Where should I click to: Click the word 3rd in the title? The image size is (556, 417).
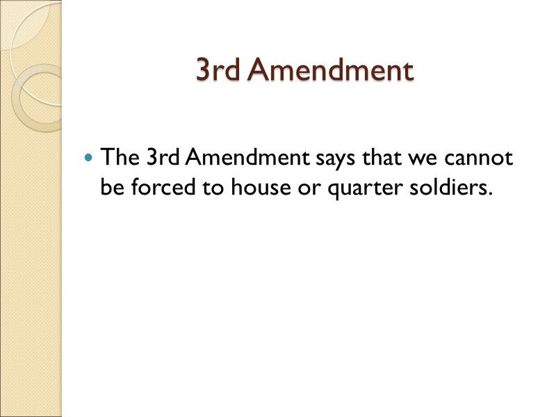click(218, 70)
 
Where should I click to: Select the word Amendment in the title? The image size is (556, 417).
click(331, 70)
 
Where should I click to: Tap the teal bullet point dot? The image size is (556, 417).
click(87, 158)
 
